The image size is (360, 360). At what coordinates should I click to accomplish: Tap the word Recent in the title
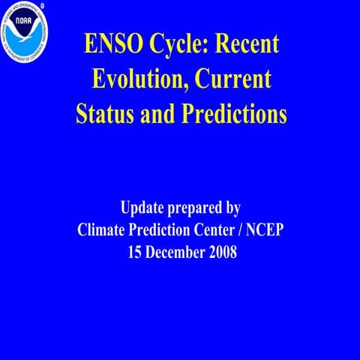(247, 44)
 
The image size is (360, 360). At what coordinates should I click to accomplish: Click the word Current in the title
(236, 79)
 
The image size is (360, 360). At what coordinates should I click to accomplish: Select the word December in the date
(177, 253)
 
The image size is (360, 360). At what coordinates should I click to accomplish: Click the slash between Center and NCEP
(248, 230)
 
